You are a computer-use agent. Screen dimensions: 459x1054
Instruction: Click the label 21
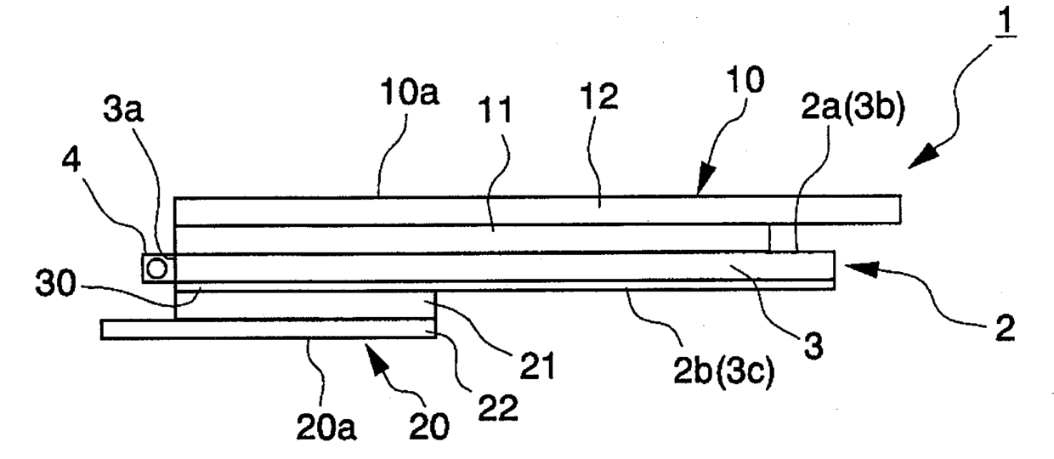click(535, 366)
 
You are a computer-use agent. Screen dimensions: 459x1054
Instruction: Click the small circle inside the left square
click(156, 269)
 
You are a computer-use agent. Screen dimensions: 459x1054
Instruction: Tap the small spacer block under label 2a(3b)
click(782, 239)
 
